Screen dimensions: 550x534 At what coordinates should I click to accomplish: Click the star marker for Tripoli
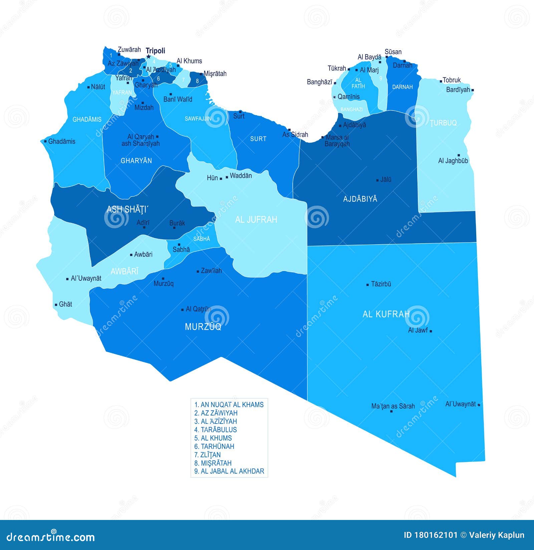(149, 57)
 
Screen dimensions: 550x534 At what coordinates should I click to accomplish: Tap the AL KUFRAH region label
(386, 314)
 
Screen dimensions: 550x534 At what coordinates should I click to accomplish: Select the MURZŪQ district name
(203, 327)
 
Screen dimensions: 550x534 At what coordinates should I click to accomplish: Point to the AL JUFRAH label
(256, 220)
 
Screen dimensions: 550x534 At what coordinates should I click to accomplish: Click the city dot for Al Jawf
(431, 331)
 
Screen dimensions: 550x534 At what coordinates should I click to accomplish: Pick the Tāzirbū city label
(381, 284)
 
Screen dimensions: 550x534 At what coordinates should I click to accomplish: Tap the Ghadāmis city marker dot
(45, 142)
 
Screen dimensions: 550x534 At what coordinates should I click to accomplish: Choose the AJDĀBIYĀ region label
(360, 199)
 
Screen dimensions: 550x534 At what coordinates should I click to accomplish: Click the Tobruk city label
(452, 80)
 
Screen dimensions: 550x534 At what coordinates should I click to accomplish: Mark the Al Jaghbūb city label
(453, 161)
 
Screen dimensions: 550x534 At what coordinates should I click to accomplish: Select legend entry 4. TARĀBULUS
(216, 430)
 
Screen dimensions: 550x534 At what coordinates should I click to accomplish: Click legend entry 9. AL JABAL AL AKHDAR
(229, 471)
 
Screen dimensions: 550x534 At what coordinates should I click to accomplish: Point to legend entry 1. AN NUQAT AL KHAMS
(229, 404)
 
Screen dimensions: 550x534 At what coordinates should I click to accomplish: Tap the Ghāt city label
(65, 304)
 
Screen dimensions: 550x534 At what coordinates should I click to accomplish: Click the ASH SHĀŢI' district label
(127, 210)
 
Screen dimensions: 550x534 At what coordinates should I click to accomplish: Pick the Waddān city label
(241, 176)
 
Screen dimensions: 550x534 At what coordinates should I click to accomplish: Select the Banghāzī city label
(319, 82)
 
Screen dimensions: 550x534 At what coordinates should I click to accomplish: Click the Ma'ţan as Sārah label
(393, 406)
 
